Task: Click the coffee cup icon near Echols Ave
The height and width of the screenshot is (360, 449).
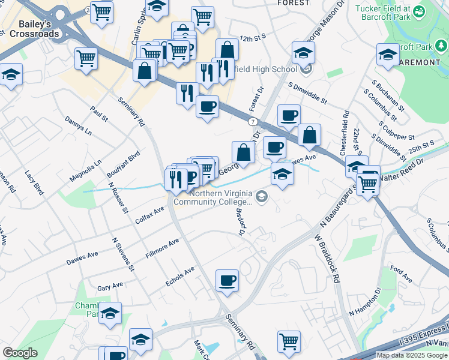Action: click(227, 280)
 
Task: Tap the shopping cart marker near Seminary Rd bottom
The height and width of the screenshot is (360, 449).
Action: click(289, 341)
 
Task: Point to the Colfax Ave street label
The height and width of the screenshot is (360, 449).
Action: click(149, 215)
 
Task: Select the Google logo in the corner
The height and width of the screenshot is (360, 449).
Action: click(20, 353)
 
